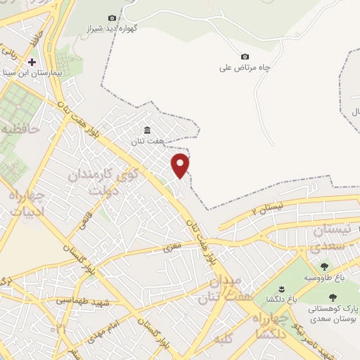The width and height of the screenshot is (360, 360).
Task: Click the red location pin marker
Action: click(x=181, y=165)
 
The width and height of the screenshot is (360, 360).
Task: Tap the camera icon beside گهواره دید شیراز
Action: click(x=112, y=18)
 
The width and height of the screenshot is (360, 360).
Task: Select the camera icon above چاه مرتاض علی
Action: click(x=245, y=56)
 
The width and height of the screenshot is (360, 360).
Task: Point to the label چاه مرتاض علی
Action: click(x=245, y=68)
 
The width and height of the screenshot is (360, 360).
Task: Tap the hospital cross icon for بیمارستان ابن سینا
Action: click(x=32, y=61)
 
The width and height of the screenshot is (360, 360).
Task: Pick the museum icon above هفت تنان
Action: click(x=147, y=129)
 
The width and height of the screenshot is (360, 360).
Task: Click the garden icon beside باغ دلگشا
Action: click(x=281, y=290)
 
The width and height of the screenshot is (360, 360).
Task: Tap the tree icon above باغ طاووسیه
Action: click(x=324, y=266)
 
